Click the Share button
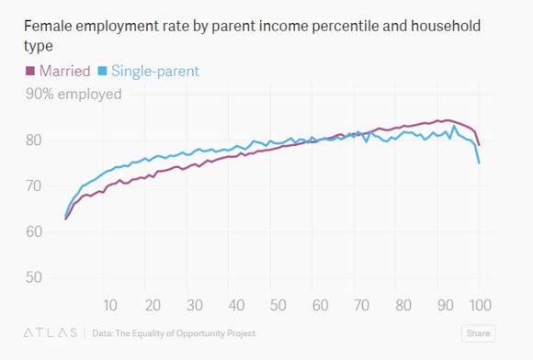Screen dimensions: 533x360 click(x=478, y=333)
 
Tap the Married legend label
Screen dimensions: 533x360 click(x=64, y=71)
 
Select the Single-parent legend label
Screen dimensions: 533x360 click(x=155, y=72)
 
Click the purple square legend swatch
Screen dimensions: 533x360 click(x=30, y=71)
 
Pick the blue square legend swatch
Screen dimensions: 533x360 click(x=102, y=71)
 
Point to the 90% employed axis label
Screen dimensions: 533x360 click(x=74, y=94)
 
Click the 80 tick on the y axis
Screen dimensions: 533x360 click(x=34, y=140)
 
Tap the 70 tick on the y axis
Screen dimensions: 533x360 click(x=34, y=186)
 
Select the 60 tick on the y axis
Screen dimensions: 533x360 click(x=34, y=231)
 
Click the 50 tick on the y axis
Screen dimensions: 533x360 click(x=34, y=277)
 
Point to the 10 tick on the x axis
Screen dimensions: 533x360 click(x=110, y=305)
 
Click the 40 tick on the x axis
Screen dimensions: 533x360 click(x=236, y=305)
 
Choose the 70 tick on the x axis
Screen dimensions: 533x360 click(x=362, y=305)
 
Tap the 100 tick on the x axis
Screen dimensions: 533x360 click(x=481, y=305)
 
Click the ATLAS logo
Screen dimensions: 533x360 click(x=51, y=332)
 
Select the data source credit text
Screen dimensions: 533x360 click(x=174, y=333)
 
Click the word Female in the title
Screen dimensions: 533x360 click(x=49, y=26)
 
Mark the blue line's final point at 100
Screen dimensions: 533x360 click(x=479, y=163)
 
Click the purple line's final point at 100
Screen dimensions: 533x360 click(x=479, y=145)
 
